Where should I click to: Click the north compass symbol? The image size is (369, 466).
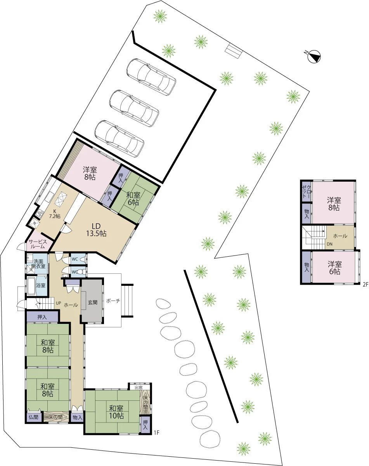coord(314,57)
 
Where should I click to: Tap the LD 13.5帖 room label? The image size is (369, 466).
coord(96,230)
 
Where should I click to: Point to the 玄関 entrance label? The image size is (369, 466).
coord(93,302)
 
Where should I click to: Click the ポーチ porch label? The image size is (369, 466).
coord(113,301)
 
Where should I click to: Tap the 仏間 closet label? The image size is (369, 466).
coord(33,417)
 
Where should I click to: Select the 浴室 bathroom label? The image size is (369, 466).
coord(41,285)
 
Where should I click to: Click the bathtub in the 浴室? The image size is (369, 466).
coord(31,286)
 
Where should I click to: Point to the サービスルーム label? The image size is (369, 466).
coord(38,244)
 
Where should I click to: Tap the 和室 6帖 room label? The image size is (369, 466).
coord(133,198)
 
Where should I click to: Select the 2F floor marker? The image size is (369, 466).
coord(366,285)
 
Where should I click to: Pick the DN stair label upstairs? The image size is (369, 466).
coord(329,244)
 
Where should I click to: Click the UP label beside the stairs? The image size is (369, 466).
coord(59,303)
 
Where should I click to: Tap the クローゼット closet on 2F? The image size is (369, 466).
coord(307,192)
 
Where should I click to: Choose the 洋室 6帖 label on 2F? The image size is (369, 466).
coord(334,268)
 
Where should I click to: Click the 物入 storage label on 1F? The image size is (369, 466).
coord(77,417)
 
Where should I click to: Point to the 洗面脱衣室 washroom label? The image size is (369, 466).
coord(38,264)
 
